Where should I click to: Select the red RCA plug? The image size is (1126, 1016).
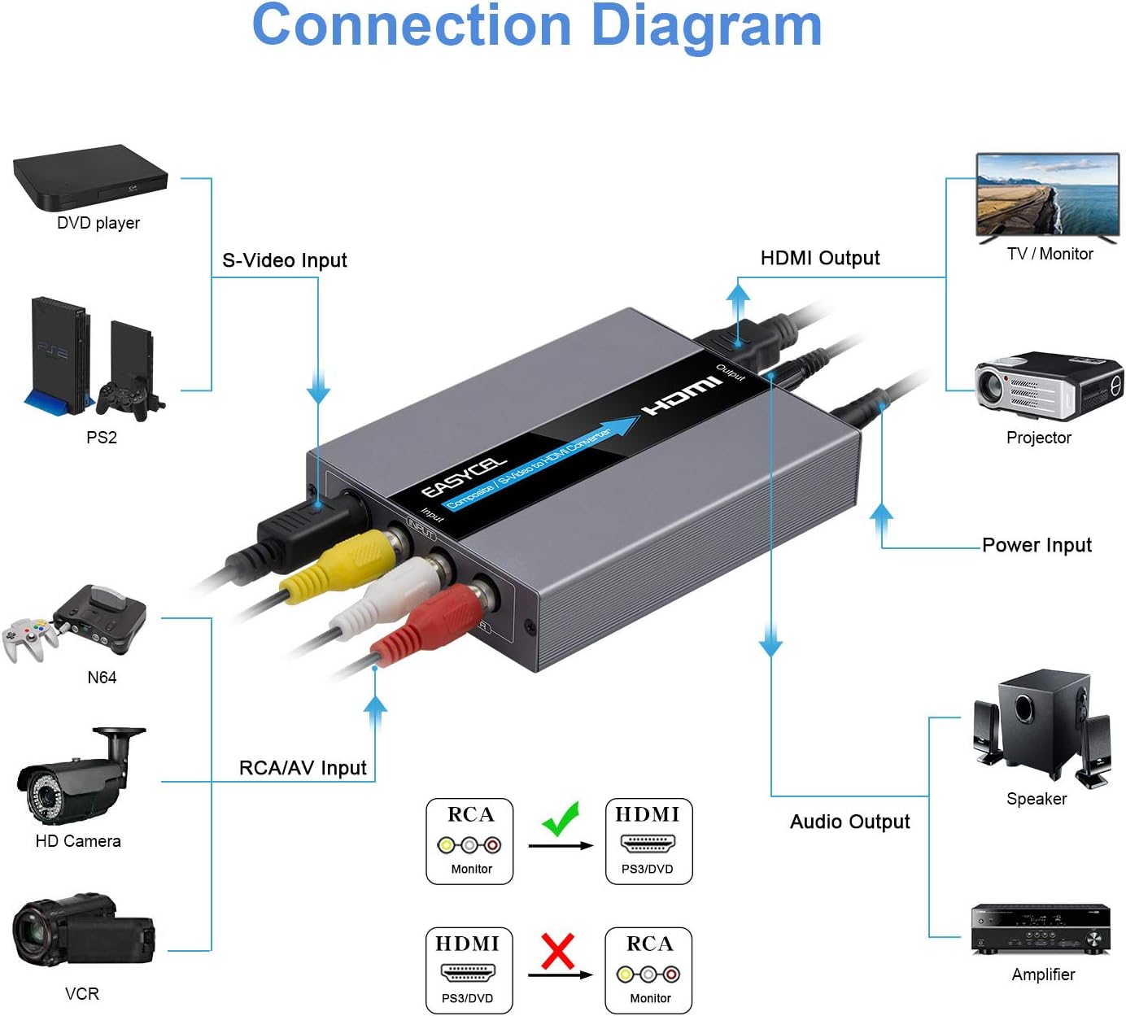pos(424,627)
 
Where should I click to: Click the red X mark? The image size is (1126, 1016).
pos(557,951)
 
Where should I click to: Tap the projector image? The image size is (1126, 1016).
pos(1048,386)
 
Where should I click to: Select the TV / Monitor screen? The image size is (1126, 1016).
pos(1048,195)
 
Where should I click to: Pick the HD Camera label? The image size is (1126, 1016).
pos(78,841)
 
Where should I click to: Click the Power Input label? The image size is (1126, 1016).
pos(1037,545)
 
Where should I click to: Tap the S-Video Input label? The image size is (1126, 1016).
pos(284,260)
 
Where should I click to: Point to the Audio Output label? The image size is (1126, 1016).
pos(849,822)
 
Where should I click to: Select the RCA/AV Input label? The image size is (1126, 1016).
pos(303,768)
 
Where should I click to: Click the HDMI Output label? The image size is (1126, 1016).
pos(819,258)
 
